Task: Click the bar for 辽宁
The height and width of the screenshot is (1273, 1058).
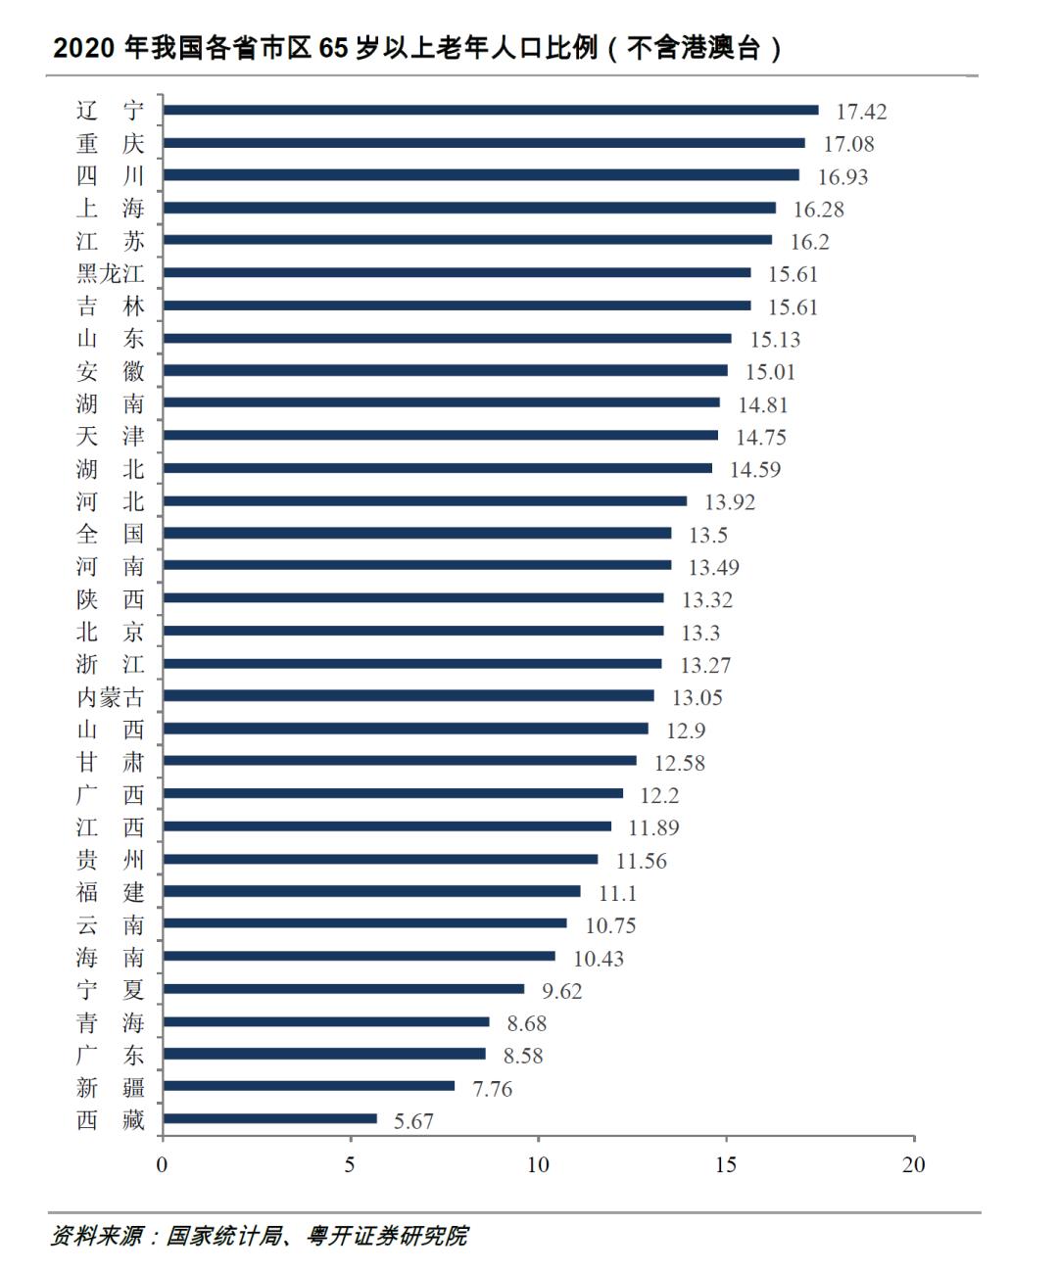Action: tap(490, 110)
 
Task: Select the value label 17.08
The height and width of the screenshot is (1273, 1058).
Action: tap(848, 144)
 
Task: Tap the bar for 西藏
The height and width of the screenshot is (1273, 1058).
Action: tap(269, 1118)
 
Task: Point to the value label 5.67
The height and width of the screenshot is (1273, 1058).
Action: tap(413, 1121)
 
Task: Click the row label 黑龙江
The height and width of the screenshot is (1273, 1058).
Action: tap(111, 273)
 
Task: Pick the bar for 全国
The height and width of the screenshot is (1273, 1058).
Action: tap(416, 533)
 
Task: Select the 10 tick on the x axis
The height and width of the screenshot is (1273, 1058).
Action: tap(538, 1164)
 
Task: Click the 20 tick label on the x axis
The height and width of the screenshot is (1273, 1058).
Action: tap(913, 1164)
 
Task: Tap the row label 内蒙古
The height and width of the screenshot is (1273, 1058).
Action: tap(111, 697)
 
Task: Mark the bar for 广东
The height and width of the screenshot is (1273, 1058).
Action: tap(323, 1054)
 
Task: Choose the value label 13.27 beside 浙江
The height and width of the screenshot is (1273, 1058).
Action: tap(705, 666)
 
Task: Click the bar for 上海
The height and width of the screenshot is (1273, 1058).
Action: tap(469, 208)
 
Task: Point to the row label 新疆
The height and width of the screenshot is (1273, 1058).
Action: tap(111, 1087)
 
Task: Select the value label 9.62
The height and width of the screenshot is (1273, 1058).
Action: tap(562, 991)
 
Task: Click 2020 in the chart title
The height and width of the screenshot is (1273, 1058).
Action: tap(83, 48)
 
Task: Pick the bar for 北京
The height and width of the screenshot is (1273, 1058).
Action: tap(412, 631)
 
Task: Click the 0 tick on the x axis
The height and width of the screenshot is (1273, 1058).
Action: tap(163, 1164)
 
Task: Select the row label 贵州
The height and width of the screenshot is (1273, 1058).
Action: tap(111, 860)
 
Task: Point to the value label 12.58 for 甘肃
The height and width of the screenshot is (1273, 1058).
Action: tap(680, 763)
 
